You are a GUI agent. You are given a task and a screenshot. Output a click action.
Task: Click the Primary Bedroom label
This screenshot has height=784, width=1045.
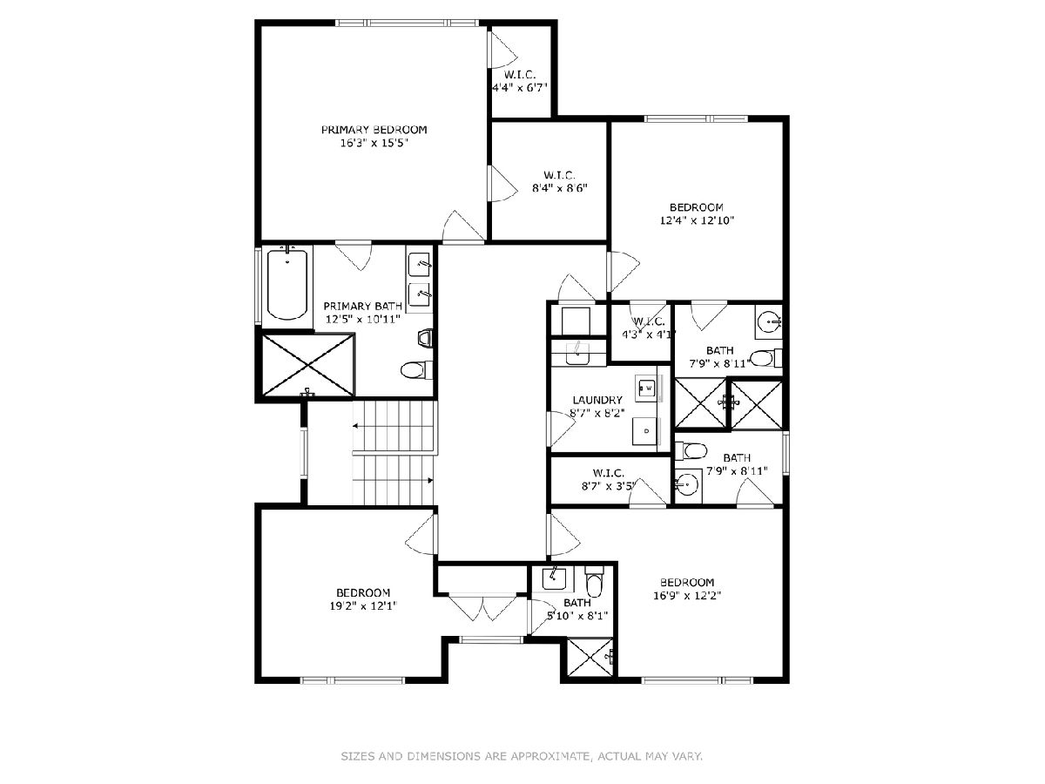374,130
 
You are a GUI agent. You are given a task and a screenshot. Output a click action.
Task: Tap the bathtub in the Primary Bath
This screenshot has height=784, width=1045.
287,285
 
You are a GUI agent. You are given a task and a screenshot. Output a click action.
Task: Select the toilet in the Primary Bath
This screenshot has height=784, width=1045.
416,370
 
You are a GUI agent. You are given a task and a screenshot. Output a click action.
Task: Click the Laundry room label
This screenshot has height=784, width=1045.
597,400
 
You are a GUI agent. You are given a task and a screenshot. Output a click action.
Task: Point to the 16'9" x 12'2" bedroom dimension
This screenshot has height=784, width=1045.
687,596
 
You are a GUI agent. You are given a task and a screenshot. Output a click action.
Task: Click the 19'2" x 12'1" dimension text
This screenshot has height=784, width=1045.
363,606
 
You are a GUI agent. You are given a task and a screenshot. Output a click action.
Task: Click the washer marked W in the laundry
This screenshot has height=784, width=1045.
647,388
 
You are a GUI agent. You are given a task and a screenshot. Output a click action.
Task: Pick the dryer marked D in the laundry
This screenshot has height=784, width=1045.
646,431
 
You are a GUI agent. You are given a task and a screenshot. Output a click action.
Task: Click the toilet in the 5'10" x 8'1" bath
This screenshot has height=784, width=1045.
594,582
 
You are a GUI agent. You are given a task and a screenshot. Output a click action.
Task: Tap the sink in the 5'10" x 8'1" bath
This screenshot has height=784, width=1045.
554,579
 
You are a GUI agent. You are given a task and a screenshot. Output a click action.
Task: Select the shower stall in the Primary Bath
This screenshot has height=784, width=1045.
308,365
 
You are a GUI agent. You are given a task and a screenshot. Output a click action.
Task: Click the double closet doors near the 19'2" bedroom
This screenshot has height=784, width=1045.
482,606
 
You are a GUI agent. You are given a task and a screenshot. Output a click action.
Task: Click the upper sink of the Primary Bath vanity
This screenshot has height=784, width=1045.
420,264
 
